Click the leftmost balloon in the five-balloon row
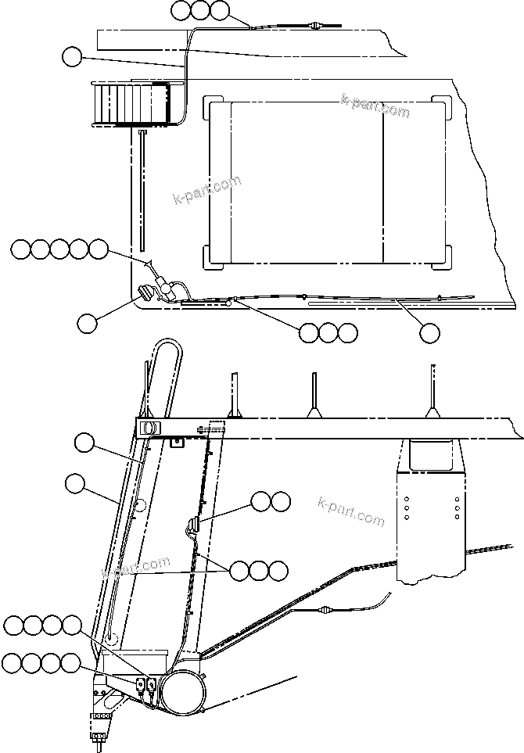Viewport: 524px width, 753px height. (x=21, y=249)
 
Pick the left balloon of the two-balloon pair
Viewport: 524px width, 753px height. (x=261, y=501)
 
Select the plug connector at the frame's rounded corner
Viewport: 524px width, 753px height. (x=146, y=295)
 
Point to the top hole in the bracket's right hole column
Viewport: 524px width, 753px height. (x=456, y=497)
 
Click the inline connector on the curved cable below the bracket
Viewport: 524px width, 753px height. (x=325, y=611)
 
